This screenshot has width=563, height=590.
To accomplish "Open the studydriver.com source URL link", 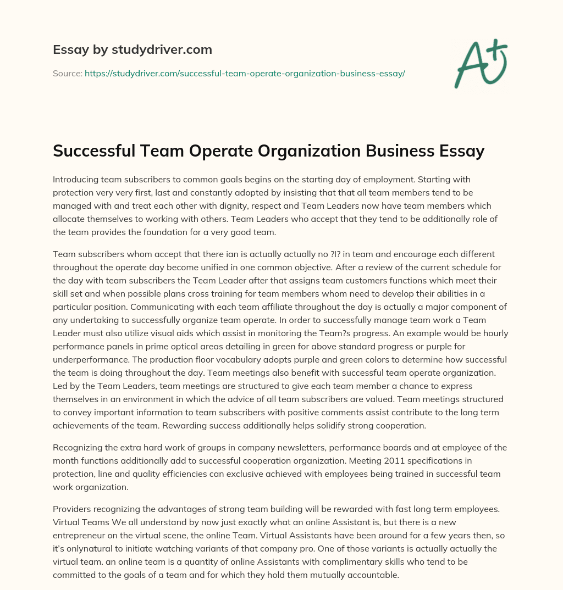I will click(245, 73).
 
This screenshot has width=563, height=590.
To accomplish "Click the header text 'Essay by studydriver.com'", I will click(133, 49).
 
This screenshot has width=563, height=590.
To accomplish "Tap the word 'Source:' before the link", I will click(68, 73).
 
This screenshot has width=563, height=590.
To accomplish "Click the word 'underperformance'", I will click(89, 360).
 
